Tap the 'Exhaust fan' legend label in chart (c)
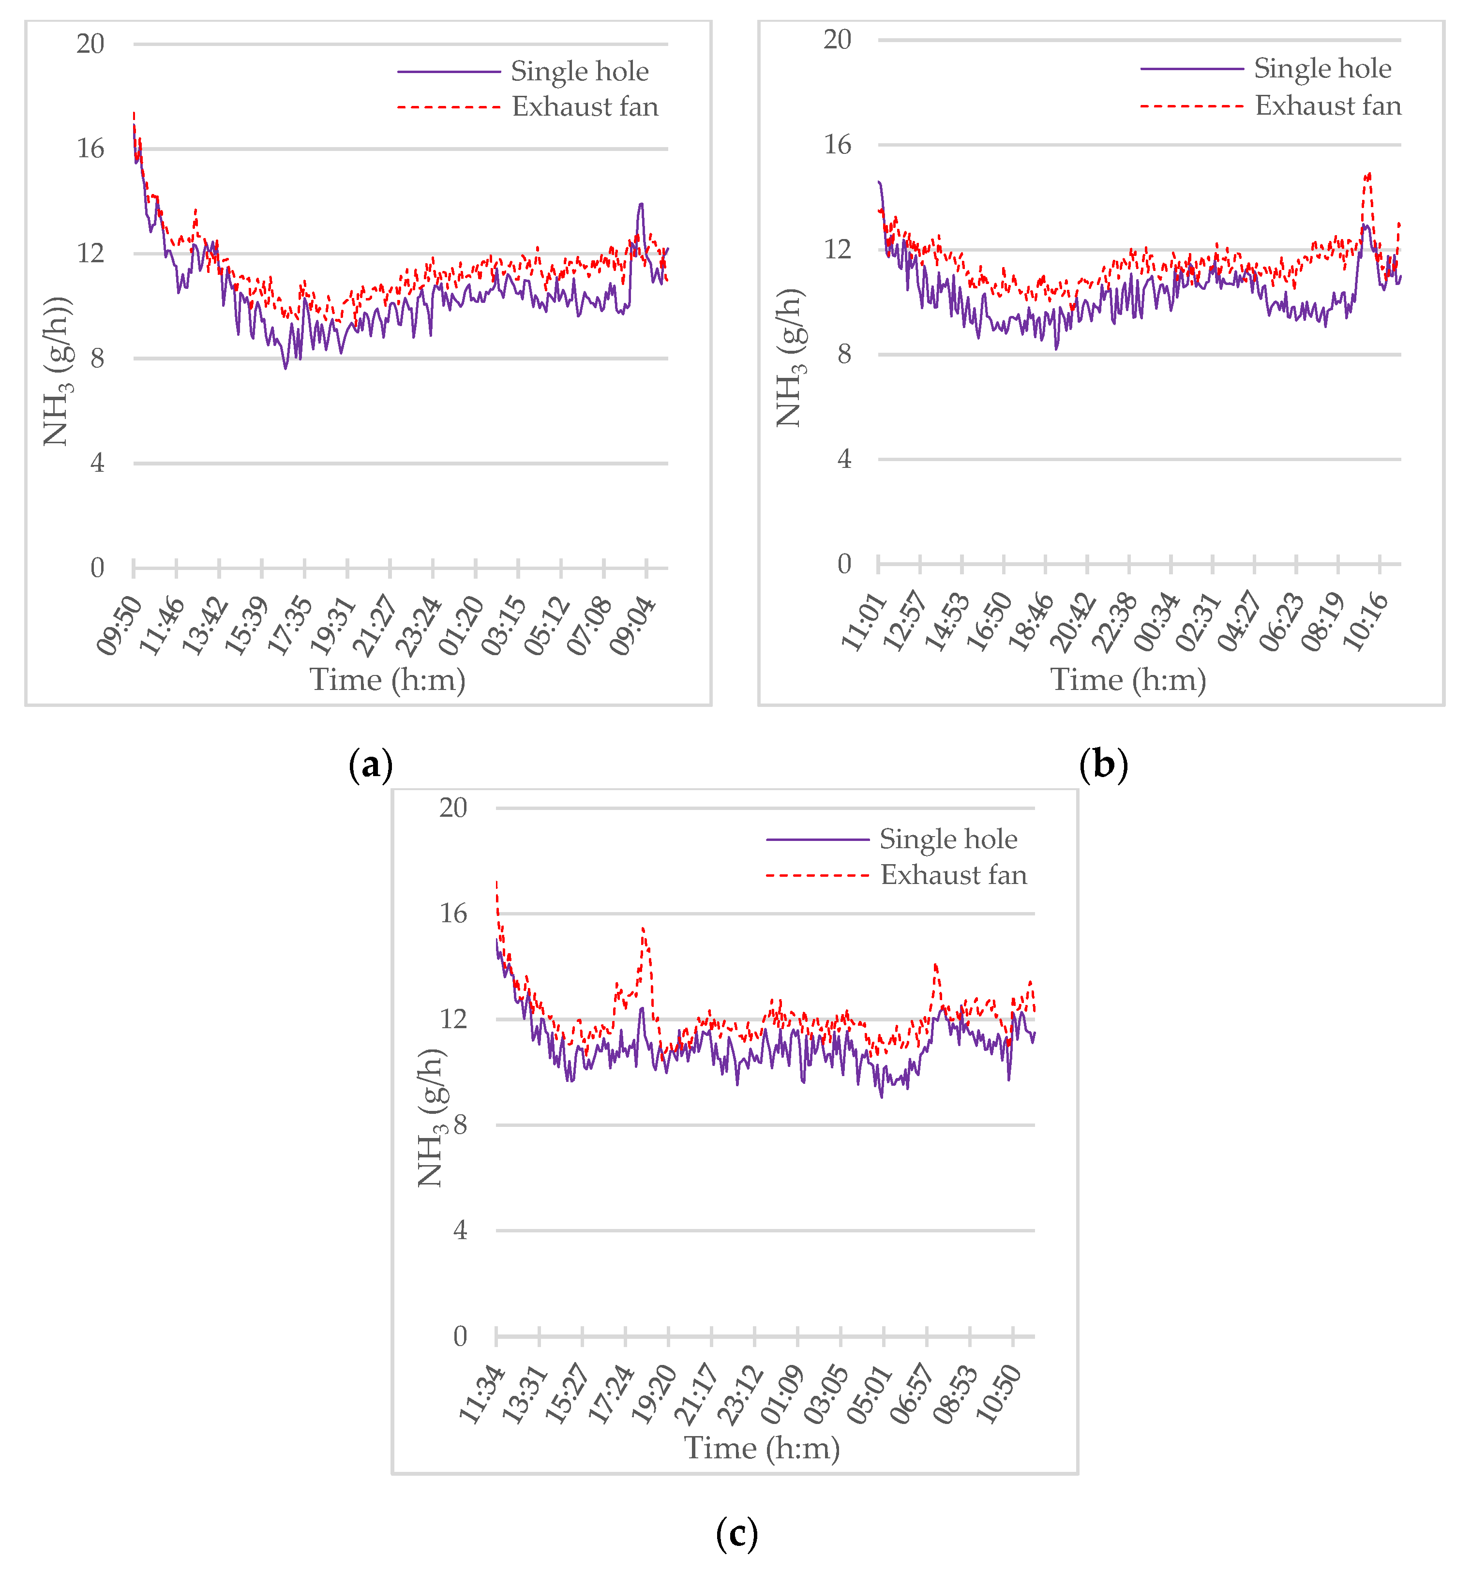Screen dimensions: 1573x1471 tap(954, 875)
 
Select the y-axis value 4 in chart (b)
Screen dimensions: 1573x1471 tap(844, 459)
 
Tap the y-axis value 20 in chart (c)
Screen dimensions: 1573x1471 tap(453, 808)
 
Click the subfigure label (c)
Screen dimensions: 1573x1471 tap(736, 1533)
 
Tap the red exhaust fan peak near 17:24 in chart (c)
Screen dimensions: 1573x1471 tap(643, 929)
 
